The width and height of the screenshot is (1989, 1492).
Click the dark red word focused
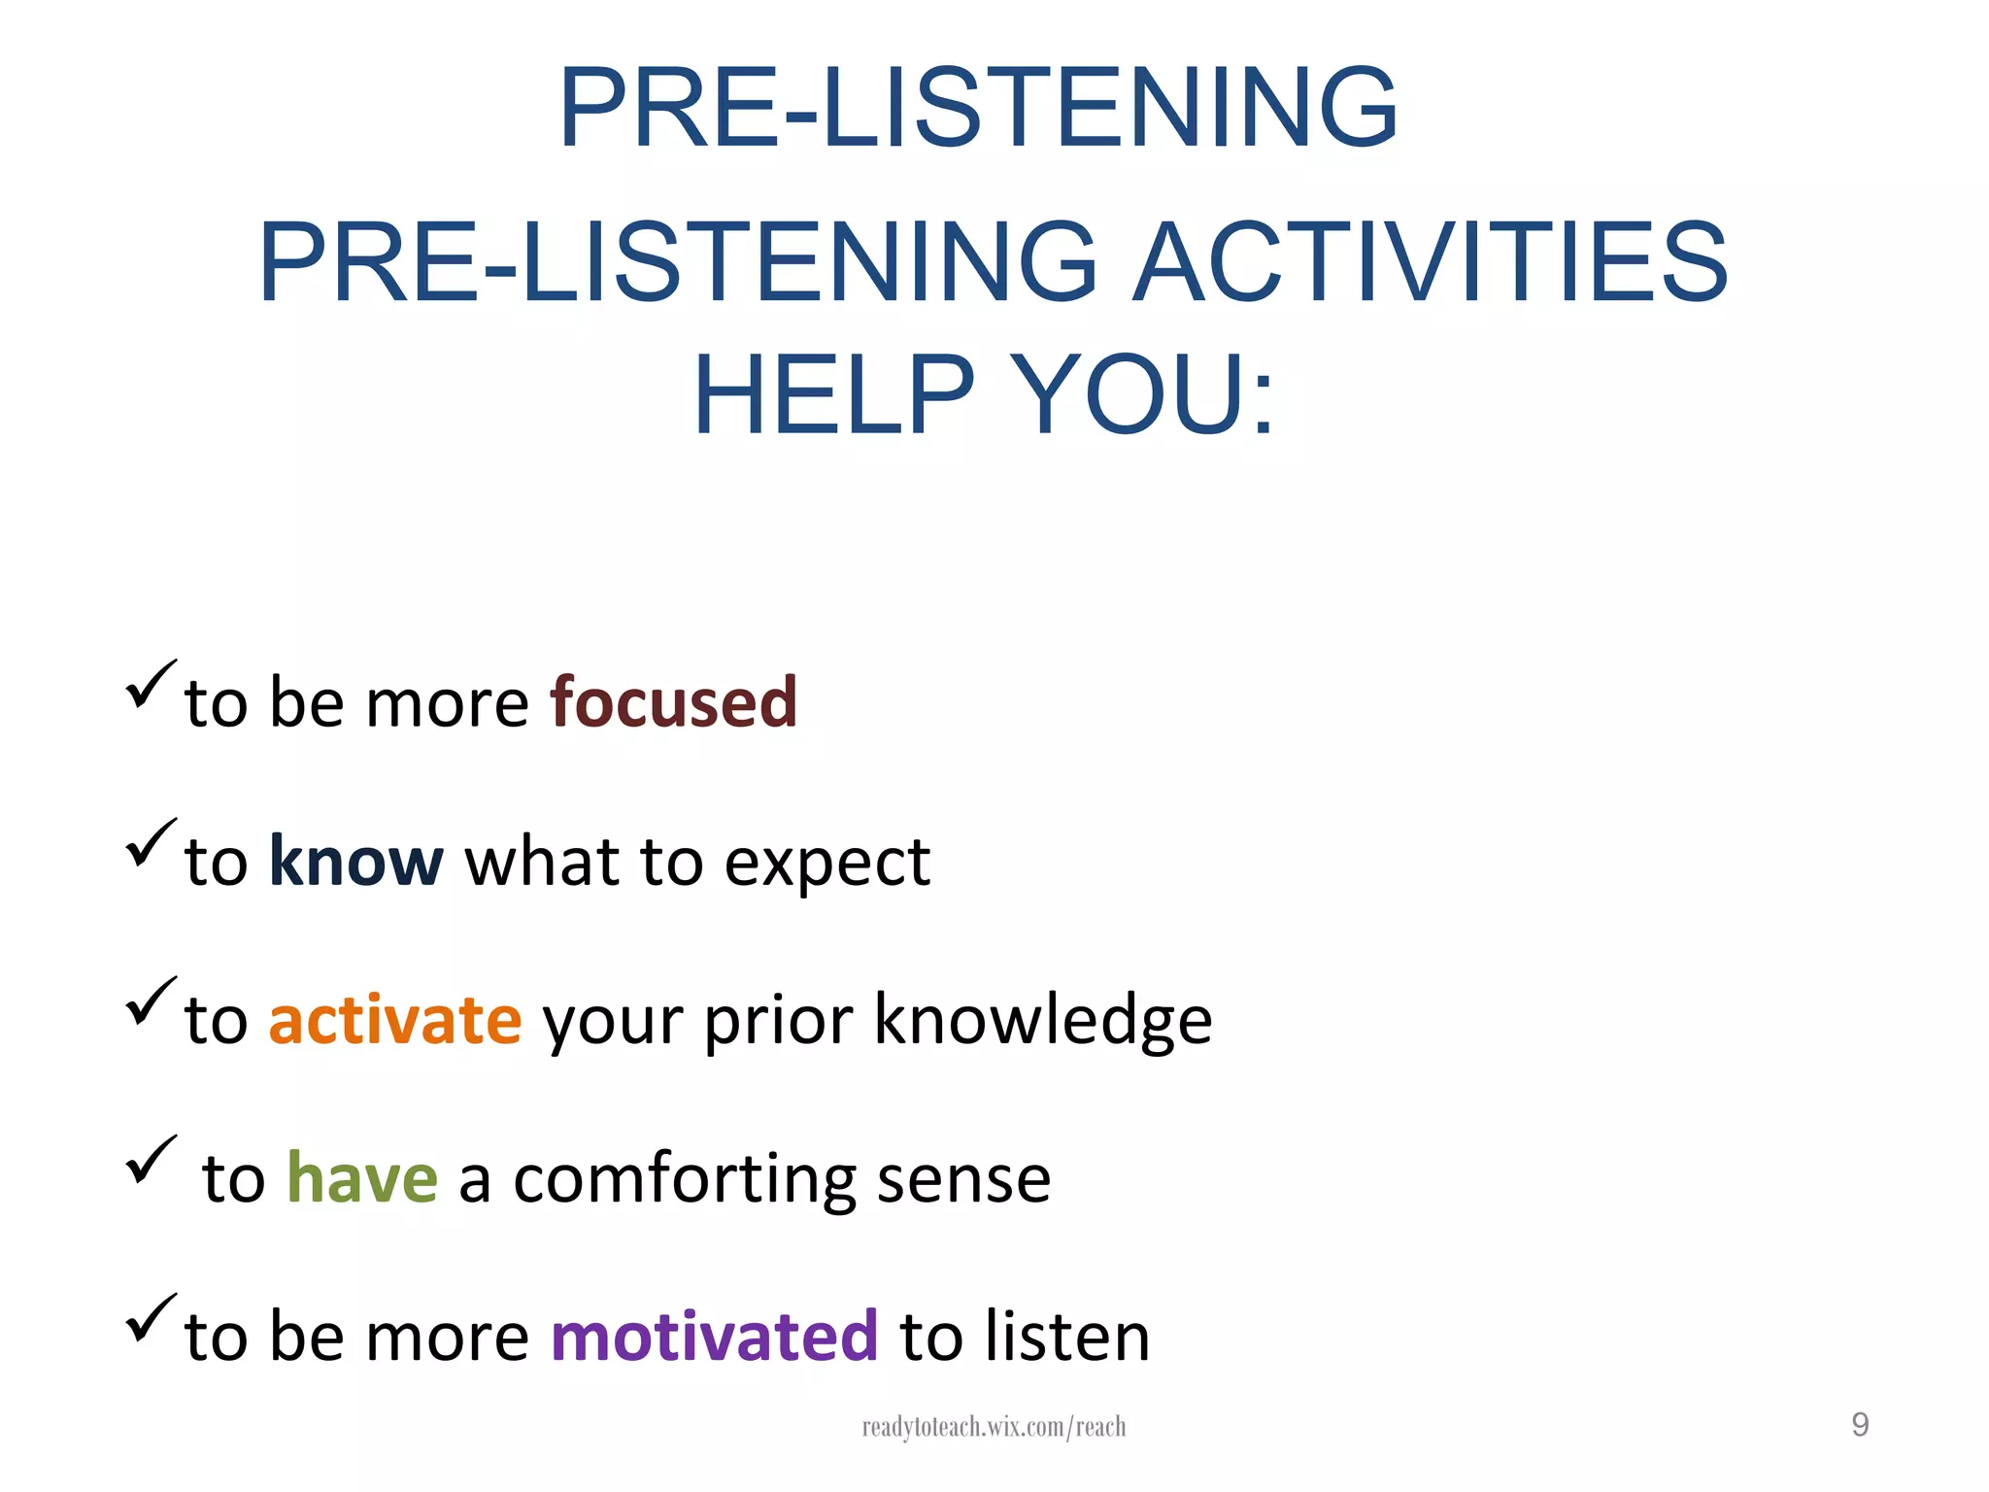[673, 702]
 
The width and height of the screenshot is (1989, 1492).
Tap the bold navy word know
[355, 862]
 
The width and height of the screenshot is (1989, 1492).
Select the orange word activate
[395, 1020]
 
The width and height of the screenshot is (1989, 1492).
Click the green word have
[362, 1178]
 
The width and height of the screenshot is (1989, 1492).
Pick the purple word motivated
[714, 1337]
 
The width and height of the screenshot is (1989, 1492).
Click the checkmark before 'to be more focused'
[151, 685]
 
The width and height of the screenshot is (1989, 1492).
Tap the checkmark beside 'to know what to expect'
[151, 843]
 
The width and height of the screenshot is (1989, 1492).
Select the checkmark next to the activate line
[151, 1001]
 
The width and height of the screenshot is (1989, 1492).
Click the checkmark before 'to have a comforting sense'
[151, 1160]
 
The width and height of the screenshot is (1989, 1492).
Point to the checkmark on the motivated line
[151, 1318]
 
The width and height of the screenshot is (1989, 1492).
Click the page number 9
[1860, 1425]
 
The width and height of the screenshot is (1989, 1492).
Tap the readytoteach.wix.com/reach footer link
[994, 1427]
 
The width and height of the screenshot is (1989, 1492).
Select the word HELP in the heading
[833, 395]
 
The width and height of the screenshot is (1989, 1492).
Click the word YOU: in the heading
[1142, 395]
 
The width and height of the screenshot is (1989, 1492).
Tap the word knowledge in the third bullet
[1042, 1020]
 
